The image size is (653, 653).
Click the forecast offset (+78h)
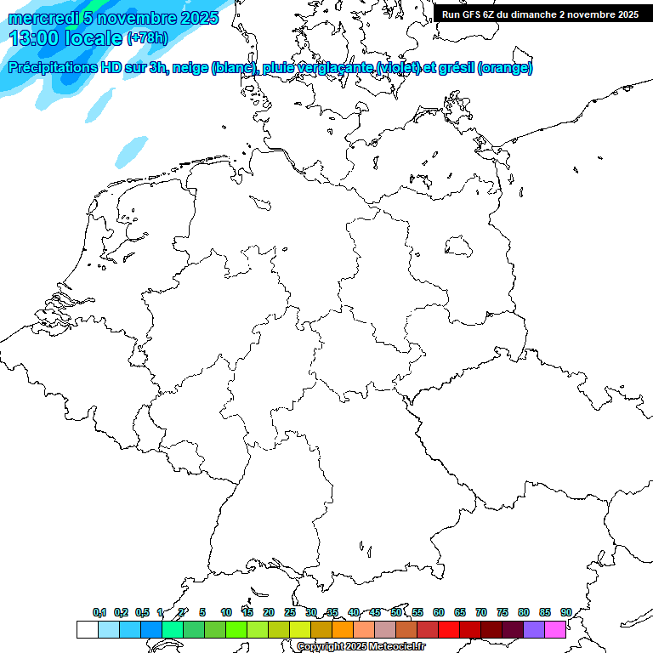147,38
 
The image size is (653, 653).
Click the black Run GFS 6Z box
537,14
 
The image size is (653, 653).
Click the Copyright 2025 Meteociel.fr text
361,646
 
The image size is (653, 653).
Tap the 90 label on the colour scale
565,612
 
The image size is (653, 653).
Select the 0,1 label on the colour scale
99,612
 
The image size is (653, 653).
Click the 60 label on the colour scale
439,612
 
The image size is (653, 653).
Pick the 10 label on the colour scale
226,612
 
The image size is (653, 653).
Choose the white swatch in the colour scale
87,629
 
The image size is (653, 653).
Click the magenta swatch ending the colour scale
555,629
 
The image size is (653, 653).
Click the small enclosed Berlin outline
459,246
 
